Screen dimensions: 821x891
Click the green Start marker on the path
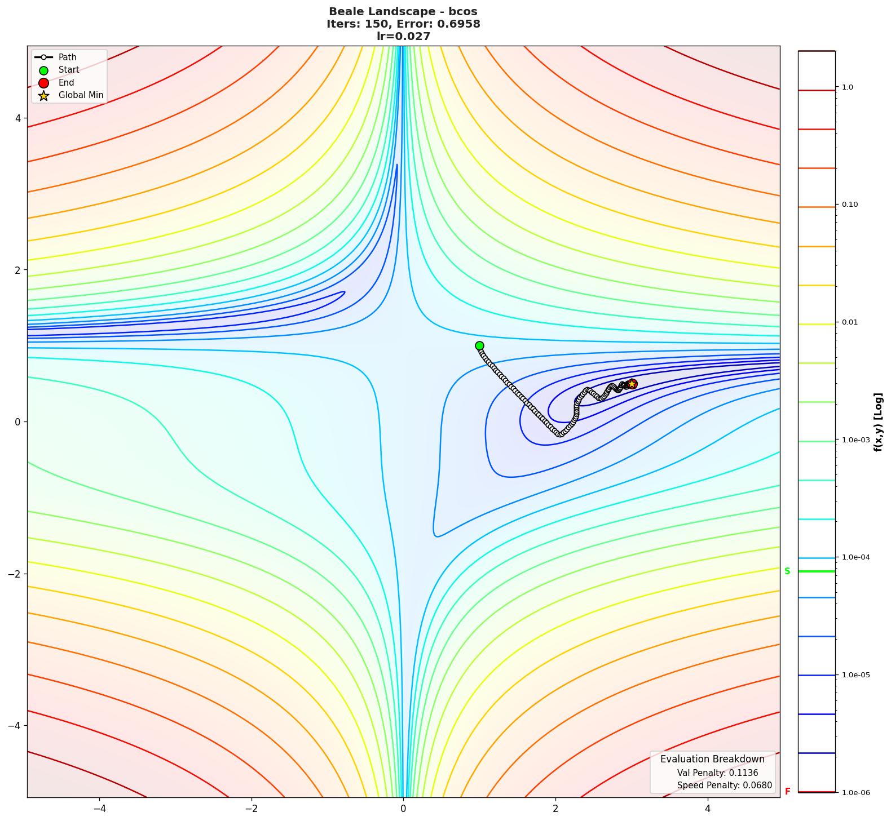click(479, 345)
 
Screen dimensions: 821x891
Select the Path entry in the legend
click(67, 57)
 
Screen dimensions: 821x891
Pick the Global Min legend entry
click(81, 95)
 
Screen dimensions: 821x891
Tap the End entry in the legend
click(66, 83)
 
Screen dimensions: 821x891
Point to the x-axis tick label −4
click(99, 808)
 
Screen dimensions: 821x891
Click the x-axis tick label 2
click(555, 808)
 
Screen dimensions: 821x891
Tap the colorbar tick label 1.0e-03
click(855, 440)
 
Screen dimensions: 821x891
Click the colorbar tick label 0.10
click(850, 205)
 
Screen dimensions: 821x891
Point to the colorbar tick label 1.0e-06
click(855, 793)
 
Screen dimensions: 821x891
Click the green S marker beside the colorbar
click(787, 571)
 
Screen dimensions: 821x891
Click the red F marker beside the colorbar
click(787, 792)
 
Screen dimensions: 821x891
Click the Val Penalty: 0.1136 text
click(717, 773)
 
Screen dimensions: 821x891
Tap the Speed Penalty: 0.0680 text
click(724, 786)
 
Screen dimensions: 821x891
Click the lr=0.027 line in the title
click(403, 37)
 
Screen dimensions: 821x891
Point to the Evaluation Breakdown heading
click(712, 759)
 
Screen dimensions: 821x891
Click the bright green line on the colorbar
click(816, 571)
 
